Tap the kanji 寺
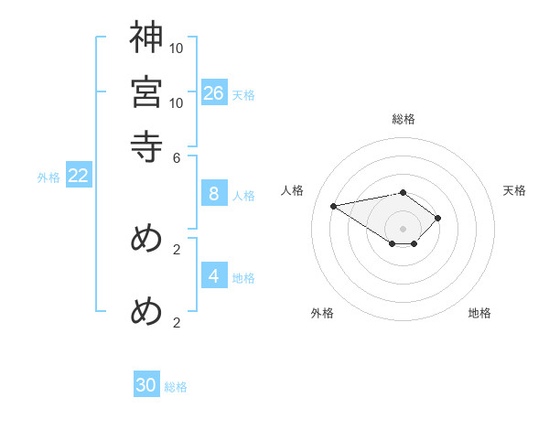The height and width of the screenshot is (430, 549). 146,145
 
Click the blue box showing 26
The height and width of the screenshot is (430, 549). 214,92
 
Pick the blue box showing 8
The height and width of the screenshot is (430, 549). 214,193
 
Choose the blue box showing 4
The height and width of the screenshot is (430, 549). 214,275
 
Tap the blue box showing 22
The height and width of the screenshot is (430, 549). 79,176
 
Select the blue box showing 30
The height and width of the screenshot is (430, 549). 146,385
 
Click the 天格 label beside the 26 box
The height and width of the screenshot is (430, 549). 243,94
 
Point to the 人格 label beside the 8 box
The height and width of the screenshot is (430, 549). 243,195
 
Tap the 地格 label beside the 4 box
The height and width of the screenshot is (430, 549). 243,277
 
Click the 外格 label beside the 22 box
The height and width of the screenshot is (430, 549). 48,177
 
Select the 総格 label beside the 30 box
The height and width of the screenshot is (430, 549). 176,387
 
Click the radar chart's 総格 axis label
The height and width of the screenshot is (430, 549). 404,119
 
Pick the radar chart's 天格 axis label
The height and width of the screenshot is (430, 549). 514,190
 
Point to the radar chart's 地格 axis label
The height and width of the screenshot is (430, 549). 479,314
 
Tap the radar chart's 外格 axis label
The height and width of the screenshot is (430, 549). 322,314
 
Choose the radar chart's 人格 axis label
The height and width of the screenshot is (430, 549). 293,190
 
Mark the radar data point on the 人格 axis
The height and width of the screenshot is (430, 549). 334,205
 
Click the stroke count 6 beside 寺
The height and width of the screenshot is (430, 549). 176,156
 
